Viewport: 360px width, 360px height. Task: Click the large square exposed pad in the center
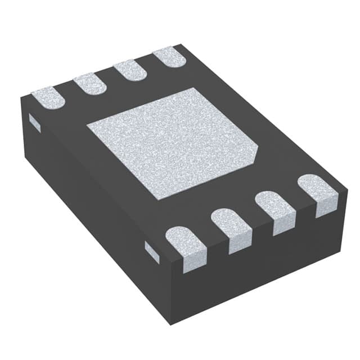pos(172,142)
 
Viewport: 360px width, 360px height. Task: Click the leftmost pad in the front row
pos(187,245)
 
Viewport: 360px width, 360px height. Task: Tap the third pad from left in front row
pos(275,210)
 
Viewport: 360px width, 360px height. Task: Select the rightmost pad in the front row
pos(317,192)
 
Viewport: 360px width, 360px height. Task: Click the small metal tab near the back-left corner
pos(34,123)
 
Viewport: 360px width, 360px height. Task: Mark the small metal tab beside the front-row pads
pos(152,251)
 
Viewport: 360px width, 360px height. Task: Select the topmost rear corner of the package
pos(180,45)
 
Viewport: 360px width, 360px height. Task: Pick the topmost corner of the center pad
pos(194,88)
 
